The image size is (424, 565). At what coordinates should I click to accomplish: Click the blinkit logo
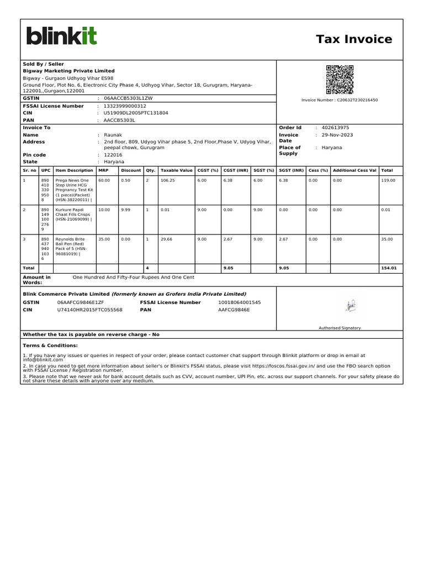61,36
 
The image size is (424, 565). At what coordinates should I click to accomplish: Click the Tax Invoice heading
354,39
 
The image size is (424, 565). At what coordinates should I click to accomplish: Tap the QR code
339,79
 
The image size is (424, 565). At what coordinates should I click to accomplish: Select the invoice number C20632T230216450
347,100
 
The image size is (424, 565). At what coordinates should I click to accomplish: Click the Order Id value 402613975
335,127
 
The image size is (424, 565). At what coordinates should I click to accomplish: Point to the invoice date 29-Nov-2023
337,135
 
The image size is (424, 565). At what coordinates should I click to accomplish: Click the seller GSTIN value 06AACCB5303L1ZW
128,98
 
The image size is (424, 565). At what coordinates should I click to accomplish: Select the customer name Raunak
113,135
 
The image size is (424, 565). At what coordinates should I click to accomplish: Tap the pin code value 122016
113,155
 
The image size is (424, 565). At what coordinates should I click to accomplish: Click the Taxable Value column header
176,170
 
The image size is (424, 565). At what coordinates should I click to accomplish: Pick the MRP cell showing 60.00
104,180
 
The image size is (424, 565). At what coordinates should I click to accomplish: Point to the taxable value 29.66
166,239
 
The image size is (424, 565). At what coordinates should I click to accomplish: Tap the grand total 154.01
389,268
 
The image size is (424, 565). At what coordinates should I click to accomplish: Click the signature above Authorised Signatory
349,305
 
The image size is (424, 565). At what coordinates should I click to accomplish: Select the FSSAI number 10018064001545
240,302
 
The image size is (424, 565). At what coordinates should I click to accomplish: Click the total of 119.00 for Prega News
388,180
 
